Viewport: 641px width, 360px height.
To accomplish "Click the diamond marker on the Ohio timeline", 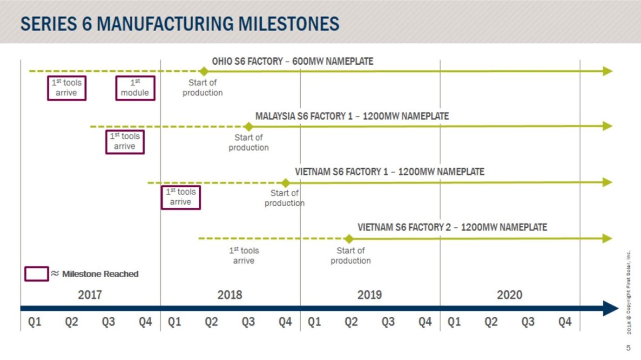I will tap(203, 71).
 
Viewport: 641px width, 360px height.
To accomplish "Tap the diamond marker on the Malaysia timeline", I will tap(249, 127).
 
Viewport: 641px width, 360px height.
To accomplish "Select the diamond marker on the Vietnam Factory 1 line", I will tap(285, 183).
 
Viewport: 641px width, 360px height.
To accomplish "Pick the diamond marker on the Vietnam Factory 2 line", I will tap(349, 239).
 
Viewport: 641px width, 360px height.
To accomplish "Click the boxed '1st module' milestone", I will tap(135, 88).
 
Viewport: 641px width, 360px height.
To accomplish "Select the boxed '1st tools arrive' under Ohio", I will tap(67, 88).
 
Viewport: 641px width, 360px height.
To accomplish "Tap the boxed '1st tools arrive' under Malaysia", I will tap(124, 142).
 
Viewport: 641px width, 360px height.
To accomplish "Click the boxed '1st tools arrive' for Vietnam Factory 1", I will tap(181, 197).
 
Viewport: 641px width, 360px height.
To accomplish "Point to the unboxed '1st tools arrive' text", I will tap(243, 256).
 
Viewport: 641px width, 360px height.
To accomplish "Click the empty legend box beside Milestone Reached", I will tap(36, 274).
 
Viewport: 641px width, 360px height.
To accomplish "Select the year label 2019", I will tap(370, 295).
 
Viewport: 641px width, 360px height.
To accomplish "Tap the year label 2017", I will tap(90, 295).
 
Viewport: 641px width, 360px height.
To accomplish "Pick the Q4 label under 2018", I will tap(285, 322).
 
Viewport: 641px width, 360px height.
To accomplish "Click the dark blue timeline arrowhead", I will tap(610, 308).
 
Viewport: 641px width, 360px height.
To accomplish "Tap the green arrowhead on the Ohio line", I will tap(607, 71).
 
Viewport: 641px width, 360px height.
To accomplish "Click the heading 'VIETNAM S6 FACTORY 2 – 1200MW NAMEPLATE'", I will tap(452, 227).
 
